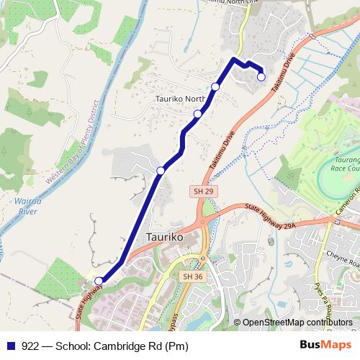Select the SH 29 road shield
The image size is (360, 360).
coord(202,191)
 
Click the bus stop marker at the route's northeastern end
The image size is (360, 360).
coord(261,77)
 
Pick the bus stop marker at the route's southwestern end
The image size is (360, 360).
coord(99,281)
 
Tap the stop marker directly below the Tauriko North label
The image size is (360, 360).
coord(197,113)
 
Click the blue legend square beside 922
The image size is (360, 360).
coord(10,346)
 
